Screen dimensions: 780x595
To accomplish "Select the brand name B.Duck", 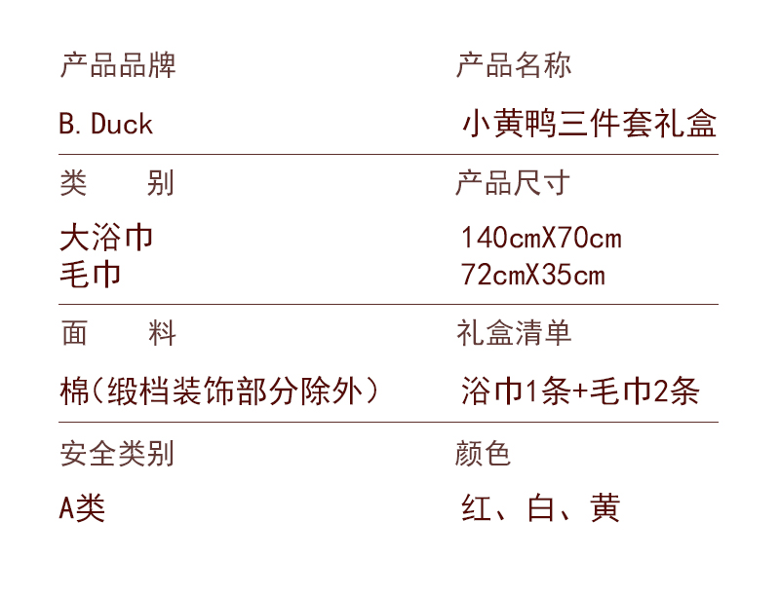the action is point(106,124).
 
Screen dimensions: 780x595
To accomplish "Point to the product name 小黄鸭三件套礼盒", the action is point(590,125).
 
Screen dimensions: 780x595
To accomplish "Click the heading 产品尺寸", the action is point(513,183).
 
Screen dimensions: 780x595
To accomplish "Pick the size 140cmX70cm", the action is point(541,238).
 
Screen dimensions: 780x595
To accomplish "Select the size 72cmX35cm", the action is point(533,275).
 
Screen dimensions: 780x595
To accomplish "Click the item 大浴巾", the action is point(106,237).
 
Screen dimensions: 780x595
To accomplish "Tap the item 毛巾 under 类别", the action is point(91,274).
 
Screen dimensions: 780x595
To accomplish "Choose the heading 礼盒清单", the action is point(514,333).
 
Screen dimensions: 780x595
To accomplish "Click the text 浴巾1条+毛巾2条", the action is point(580,391).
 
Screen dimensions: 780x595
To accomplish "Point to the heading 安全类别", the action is point(117,453).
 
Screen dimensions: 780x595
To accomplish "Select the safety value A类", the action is point(82,507).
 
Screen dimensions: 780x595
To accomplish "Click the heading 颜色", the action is point(484,453).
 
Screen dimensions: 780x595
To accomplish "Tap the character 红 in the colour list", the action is point(477,508).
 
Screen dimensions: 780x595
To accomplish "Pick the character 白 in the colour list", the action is point(540,508).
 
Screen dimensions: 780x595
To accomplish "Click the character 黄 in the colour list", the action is point(604,508).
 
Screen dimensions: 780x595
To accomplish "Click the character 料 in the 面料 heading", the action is point(162,334).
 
